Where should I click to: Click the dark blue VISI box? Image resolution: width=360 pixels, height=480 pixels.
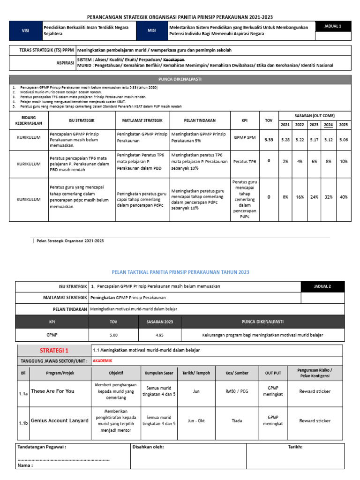pyautogui.click(x=25, y=30)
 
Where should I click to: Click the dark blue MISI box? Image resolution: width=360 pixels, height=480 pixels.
pyautogui.click(x=151, y=30)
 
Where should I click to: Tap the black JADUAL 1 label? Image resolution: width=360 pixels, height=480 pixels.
pyautogui.click(x=333, y=26)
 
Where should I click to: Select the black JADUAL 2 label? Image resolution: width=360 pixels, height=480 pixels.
pyautogui.click(x=322, y=286)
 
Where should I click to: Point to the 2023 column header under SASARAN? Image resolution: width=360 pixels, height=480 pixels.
pyautogui.click(x=314, y=125)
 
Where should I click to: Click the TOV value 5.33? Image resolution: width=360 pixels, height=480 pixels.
pyautogui.click(x=269, y=139)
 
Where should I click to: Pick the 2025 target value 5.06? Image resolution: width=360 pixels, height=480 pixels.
pyautogui.click(x=344, y=139)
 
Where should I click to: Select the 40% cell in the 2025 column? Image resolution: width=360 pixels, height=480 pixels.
pyautogui.click(x=344, y=197)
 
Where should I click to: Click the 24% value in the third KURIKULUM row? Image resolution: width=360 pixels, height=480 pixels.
pyautogui.click(x=314, y=197)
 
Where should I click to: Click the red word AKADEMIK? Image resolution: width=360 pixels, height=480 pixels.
pyautogui.click(x=103, y=360)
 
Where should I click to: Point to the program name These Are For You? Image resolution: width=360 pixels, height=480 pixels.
pyautogui.click(x=52, y=391)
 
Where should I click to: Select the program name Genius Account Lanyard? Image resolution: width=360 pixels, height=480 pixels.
pyautogui.click(x=60, y=420)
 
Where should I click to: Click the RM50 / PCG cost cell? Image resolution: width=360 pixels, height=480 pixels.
pyautogui.click(x=237, y=391)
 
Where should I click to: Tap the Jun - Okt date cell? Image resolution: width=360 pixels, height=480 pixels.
pyautogui.click(x=196, y=420)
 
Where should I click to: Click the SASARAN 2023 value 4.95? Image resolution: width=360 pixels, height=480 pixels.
pyautogui.click(x=160, y=335)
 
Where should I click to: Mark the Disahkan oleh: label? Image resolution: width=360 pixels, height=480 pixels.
pyautogui.click(x=148, y=447)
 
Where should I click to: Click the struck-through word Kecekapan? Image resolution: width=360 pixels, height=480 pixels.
pyautogui.click(x=173, y=60)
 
